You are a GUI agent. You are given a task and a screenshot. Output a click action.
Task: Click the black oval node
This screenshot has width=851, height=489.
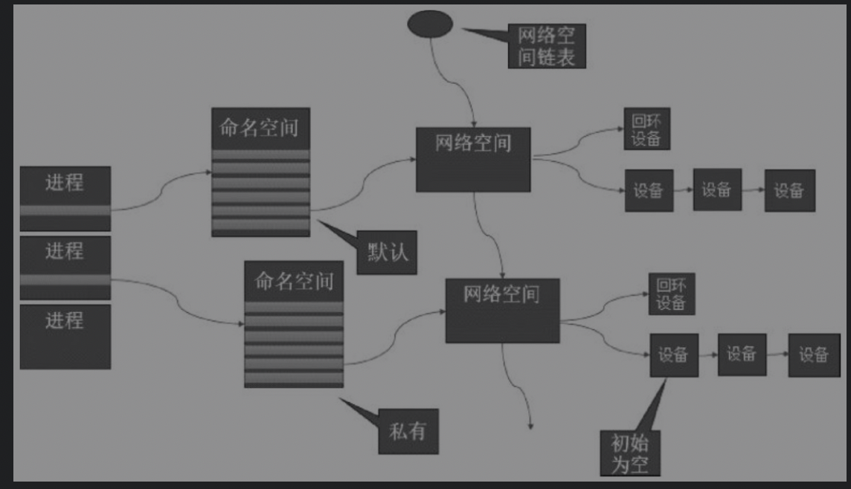click(x=430, y=23)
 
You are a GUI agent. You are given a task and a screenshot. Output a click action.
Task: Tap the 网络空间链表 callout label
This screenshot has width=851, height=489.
click(x=546, y=46)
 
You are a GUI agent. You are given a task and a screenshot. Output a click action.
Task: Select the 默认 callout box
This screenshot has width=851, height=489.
click(x=387, y=253)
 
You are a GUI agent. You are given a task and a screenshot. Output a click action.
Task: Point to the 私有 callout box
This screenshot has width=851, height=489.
click(x=408, y=431)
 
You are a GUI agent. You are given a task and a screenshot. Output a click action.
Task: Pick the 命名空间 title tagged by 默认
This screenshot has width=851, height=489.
click(x=260, y=128)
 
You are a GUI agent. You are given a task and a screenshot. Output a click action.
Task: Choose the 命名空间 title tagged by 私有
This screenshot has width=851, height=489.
click(x=294, y=281)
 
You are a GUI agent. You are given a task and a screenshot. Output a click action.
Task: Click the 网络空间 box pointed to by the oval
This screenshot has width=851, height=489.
click(x=473, y=159)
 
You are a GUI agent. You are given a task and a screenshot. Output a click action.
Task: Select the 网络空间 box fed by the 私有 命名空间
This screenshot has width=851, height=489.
click(x=502, y=311)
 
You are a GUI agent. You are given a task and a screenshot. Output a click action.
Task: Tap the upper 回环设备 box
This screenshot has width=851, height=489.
click(x=646, y=129)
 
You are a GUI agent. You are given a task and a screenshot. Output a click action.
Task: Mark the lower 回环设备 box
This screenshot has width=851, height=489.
click(x=671, y=294)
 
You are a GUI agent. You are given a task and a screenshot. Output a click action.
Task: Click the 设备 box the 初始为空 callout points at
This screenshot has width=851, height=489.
click(x=674, y=355)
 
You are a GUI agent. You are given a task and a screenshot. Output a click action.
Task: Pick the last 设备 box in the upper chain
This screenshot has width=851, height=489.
click(x=789, y=190)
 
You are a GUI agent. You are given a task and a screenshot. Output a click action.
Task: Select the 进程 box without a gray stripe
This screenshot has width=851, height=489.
click(x=65, y=336)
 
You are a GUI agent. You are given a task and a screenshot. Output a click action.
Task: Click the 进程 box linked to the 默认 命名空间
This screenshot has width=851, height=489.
click(x=65, y=198)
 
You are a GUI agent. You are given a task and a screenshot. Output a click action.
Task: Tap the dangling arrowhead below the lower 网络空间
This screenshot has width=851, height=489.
click(x=531, y=426)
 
